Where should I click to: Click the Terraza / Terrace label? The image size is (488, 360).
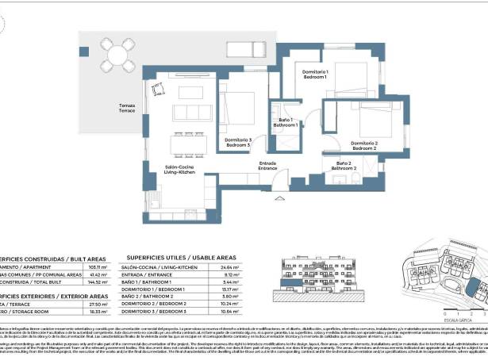[127, 107]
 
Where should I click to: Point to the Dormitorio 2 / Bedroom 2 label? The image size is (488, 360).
[363, 145]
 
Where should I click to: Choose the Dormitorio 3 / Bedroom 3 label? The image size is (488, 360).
[238, 142]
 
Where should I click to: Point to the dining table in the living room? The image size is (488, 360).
[189, 144]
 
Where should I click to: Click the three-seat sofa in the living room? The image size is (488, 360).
[190, 111]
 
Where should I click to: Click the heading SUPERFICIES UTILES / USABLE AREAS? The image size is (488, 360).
[182, 258]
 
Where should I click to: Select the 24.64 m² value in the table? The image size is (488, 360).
[230, 268]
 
